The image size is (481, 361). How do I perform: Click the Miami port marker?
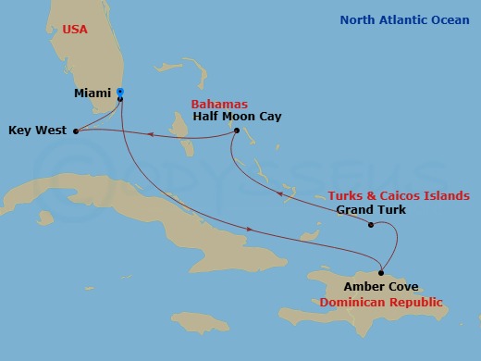(x=120, y=93)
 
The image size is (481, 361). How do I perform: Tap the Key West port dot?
(x=75, y=131)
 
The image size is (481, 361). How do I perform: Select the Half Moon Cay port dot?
(x=236, y=131)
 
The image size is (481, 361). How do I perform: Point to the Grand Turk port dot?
(x=370, y=225)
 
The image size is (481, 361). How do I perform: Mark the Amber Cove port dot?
(x=381, y=272)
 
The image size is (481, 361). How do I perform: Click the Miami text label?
(x=93, y=93)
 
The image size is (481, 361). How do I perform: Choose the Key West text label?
(x=37, y=131)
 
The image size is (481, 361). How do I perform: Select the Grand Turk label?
(x=366, y=210)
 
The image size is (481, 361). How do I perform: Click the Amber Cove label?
(x=376, y=287)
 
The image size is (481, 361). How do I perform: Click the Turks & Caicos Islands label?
(x=399, y=195)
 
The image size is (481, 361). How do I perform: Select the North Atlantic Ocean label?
(x=404, y=19)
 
